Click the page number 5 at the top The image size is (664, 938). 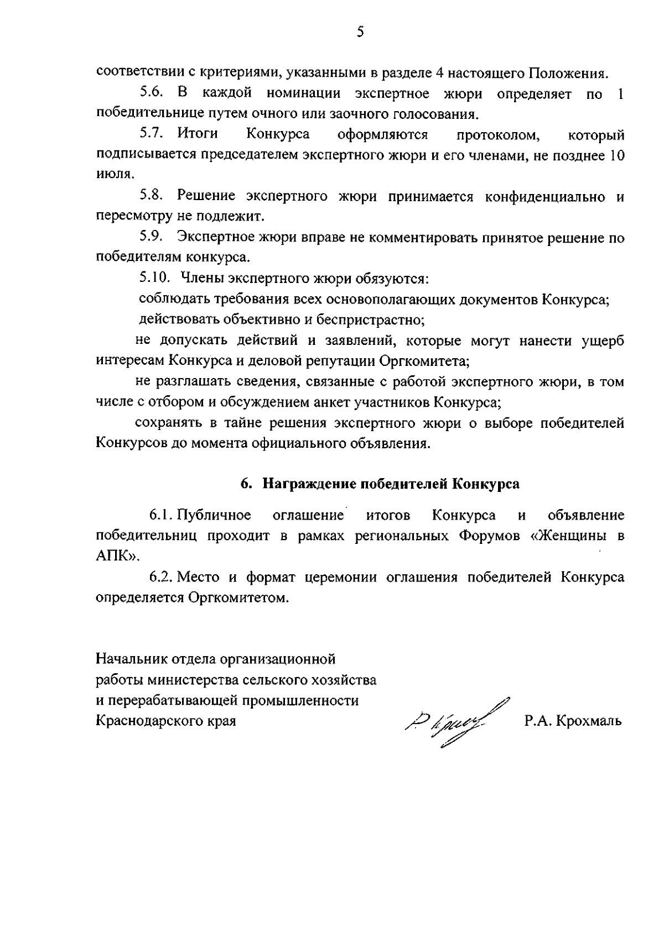(x=360, y=32)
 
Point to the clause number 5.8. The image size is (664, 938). (x=151, y=196)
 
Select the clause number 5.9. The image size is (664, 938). (x=151, y=238)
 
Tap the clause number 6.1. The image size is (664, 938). (x=162, y=516)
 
